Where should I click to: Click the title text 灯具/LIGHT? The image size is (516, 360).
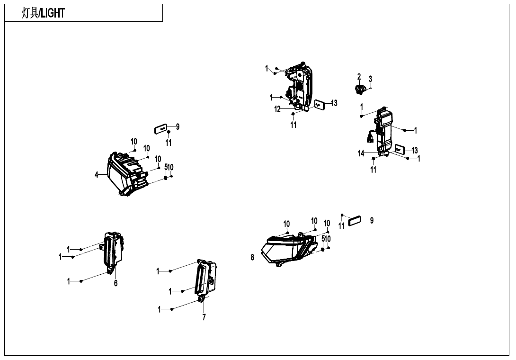click(43, 13)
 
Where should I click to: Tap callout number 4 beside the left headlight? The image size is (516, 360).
click(97, 175)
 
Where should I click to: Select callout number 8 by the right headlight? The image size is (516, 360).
click(253, 257)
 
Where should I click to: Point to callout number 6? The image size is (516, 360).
click(116, 283)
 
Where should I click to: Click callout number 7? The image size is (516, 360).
click(204, 317)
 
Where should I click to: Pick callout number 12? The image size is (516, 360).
click(277, 109)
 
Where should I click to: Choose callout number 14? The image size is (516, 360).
click(361, 153)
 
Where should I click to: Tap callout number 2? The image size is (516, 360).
click(359, 77)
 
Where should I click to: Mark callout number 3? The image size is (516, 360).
click(370, 79)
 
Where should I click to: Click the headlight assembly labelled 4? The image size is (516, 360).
click(125, 173)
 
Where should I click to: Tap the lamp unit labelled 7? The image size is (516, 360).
click(205, 280)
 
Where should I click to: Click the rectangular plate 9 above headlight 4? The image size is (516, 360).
click(161, 128)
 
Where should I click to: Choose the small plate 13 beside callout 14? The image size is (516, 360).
click(400, 150)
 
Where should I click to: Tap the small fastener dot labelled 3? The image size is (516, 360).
click(370, 88)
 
